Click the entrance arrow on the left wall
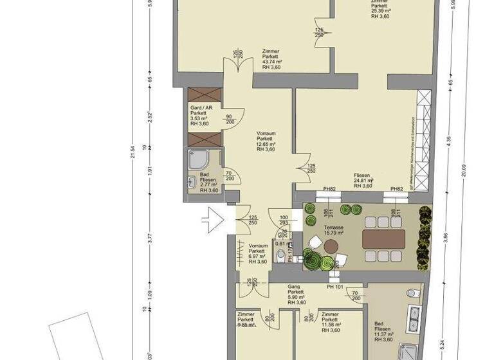212,221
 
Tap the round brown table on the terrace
331,246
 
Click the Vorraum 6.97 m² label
258,253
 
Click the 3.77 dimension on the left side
149,238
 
